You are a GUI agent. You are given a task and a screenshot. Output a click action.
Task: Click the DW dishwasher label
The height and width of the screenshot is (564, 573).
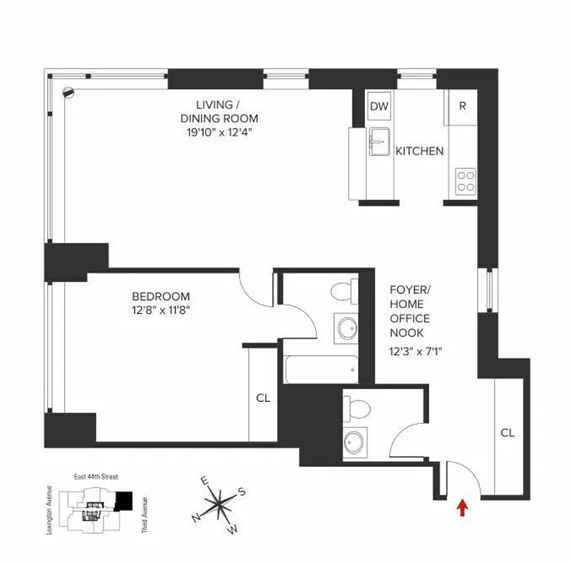point(379,106)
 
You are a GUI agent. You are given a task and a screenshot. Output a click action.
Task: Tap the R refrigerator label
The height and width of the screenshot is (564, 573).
point(462,106)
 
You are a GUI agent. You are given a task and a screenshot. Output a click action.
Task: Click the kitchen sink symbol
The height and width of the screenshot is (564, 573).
point(380,144)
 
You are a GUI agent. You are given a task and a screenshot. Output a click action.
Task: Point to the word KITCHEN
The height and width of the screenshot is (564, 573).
point(419,151)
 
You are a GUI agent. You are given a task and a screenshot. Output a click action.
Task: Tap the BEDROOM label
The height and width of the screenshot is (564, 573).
point(161,296)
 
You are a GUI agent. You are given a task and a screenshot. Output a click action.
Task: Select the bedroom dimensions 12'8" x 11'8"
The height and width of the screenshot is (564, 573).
point(161,309)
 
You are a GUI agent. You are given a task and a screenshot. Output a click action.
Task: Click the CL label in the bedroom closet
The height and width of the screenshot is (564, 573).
point(263,398)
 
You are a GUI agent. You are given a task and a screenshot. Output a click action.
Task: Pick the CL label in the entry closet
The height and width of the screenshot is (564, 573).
point(507,432)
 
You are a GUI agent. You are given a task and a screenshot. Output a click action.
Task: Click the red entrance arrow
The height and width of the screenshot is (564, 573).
point(462,506)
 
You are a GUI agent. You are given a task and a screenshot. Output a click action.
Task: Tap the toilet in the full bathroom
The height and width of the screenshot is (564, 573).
point(343,290)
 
